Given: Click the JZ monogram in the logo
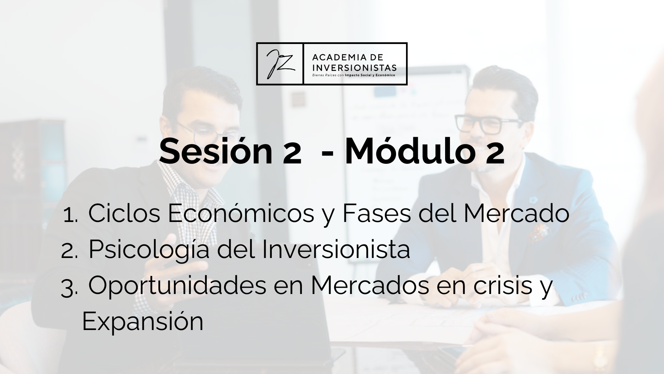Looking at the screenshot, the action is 279,64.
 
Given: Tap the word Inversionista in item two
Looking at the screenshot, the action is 336,249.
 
